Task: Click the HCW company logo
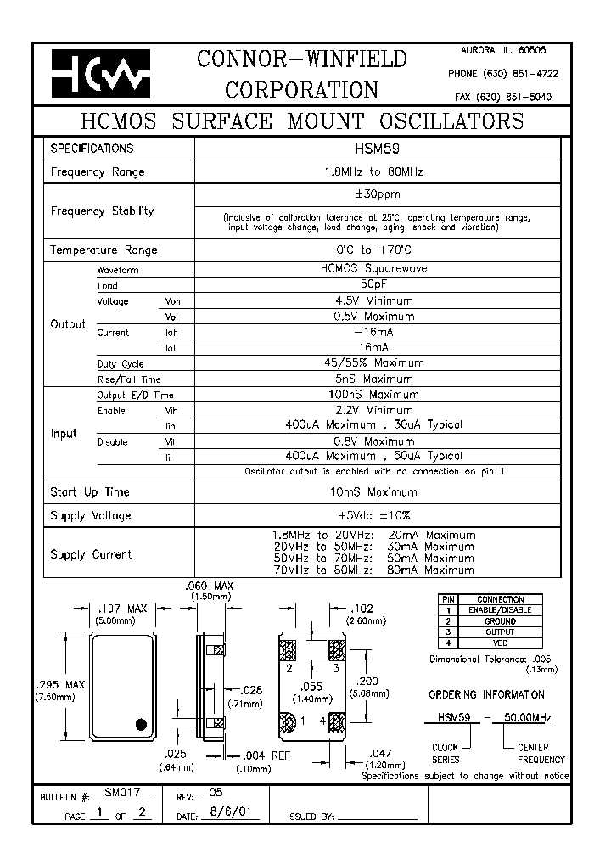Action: [x=100, y=73]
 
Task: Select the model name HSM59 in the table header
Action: [x=377, y=148]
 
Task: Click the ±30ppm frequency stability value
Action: [x=377, y=194]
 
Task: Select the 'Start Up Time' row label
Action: [x=90, y=492]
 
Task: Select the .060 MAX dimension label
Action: [x=209, y=587]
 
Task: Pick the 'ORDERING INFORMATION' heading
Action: [x=486, y=694]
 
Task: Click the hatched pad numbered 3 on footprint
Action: [x=335, y=651]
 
